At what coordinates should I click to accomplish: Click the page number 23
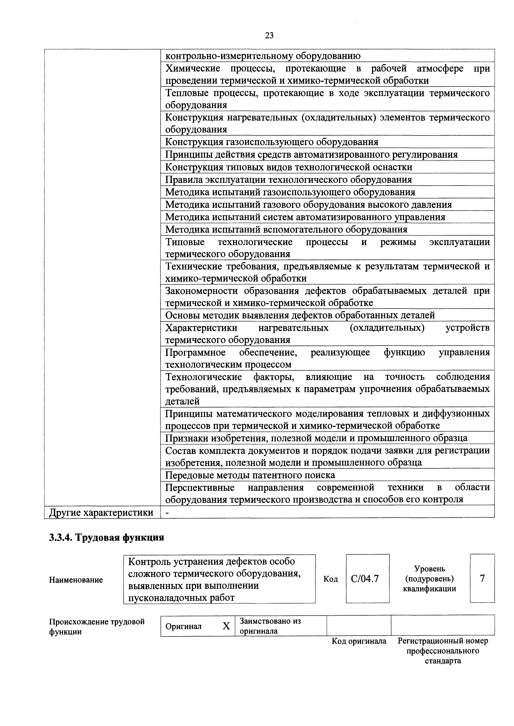269,35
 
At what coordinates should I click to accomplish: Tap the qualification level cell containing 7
482,578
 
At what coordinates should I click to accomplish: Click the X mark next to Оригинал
226,626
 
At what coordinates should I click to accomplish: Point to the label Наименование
76,580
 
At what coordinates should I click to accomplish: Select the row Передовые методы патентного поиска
250,475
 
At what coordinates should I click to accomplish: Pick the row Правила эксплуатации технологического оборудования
288,180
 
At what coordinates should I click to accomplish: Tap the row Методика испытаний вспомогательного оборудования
286,229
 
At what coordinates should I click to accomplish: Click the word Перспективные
200,488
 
